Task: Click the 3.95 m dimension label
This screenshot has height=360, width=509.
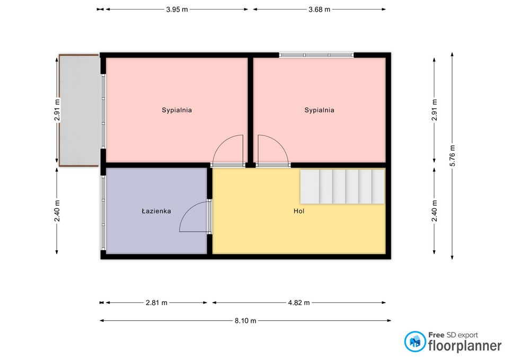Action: pos(177,10)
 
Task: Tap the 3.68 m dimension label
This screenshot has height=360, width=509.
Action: pos(319,10)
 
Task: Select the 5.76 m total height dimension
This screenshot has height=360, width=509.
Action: pos(452,155)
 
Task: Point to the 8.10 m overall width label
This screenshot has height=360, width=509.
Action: pos(245,321)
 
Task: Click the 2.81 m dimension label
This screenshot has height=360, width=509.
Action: pos(156,303)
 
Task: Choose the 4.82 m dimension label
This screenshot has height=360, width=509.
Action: pos(299,303)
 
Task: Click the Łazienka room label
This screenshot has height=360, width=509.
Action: pos(156,211)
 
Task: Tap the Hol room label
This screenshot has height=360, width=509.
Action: pos(299,211)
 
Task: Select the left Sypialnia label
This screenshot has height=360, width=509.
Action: pos(177,110)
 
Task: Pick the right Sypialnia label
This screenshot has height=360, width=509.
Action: pos(319,110)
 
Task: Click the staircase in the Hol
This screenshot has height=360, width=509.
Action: pos(343,187)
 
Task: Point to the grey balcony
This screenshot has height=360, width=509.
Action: pos(79,110)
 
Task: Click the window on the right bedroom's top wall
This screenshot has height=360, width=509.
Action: pos(317,55)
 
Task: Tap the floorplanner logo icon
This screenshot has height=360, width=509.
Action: pos(415,341)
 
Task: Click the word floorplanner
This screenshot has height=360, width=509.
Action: pos(465,346)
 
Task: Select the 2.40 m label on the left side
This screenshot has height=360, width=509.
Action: pos(57,211)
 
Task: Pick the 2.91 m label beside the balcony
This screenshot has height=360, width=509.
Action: pos(57,110)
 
